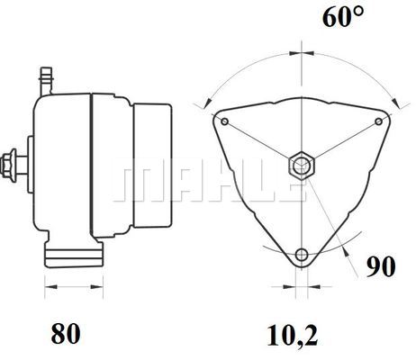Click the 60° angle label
pyautogui.click(x=343, y=17)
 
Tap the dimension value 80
pyautogui.click(x=66, y=333)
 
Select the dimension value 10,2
pyautogui.click(x=293, y=335)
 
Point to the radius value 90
pyautogui.click(x=381, y=266)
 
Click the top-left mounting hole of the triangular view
pyautogui.click(x=225, y=121)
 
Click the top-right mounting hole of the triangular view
pyautogui.click(x=379, y=121)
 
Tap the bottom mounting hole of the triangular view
pyautogui.click(x=302, y=255)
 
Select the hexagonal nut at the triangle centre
pyautogui.click(x=302, y=166)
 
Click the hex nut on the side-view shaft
pyautogui.click(x=6, y=166)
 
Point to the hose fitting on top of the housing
pyautogui.click(x=46, y=81)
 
